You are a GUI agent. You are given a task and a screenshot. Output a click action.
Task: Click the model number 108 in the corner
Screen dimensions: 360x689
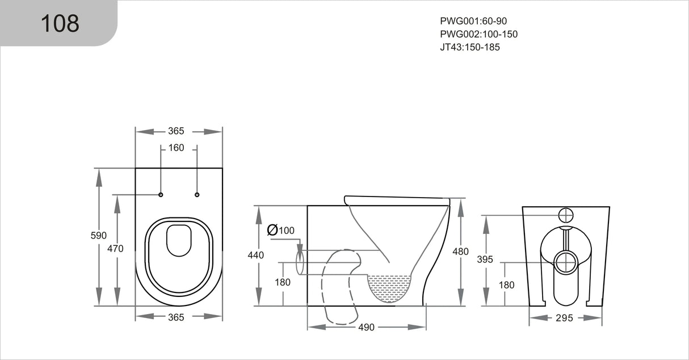coord(60,23)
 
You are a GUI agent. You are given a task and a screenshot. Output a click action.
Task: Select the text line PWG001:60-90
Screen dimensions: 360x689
coord(473,21)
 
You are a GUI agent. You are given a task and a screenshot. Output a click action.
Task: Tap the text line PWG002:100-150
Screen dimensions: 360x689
coord(478,34)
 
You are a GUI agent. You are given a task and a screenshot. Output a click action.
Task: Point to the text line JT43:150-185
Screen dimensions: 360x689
coord(469,47)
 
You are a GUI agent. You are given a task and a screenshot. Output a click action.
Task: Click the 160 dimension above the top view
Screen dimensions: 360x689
coord(176,148)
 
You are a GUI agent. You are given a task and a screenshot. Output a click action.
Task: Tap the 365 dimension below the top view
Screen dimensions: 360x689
coord(176,317)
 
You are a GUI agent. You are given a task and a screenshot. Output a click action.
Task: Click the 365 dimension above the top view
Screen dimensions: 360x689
coord(176,131)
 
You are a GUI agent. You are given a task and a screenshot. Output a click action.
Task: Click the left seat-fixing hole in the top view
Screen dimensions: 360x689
coord(161,195)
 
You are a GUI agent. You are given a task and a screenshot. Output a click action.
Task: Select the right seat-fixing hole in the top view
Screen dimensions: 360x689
coord(197,195)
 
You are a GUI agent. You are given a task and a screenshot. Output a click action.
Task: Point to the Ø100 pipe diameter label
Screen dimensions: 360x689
coord(281,230)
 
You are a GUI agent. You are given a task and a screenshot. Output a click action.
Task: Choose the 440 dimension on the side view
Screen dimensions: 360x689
coord(256,256)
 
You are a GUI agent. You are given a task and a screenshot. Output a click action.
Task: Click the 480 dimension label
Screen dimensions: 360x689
coord(460,252)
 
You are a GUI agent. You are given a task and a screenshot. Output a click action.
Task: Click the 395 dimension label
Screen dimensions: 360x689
coord(485,259)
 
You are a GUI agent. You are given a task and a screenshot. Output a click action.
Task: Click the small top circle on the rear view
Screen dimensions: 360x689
coord(566,215)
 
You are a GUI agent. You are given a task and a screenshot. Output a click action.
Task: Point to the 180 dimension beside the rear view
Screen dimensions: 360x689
coord(506,285)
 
